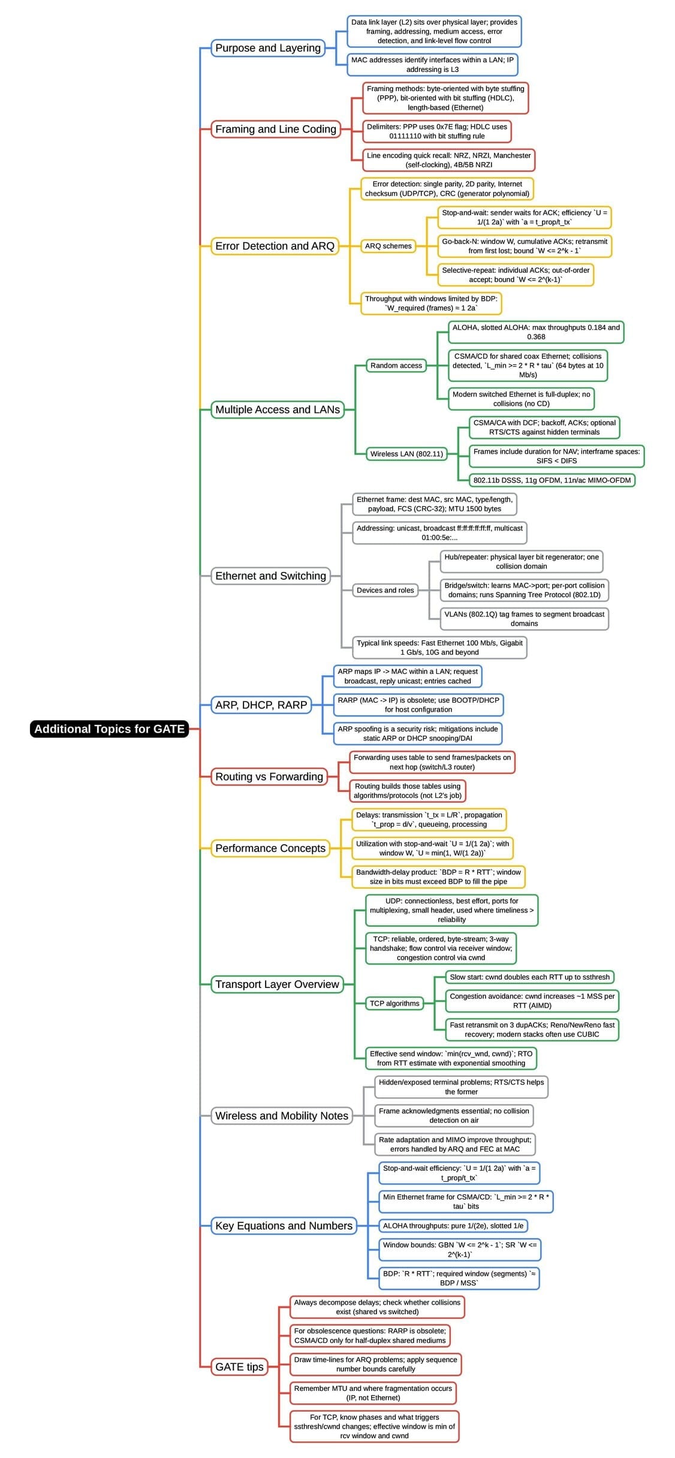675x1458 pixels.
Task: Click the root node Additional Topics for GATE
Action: [x=109, y=728]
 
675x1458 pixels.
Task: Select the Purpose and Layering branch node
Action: [x=267, y=48]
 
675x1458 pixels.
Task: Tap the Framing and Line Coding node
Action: [x=275, y=129]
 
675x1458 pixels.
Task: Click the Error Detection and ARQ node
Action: [x=275, y=246]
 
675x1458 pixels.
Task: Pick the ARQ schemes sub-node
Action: [x=388, y=246]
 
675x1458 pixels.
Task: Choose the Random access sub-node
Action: [x=396, y=365]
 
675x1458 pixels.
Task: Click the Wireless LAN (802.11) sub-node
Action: [x=406, y=454]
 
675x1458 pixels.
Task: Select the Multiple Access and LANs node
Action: [x=277, y=409]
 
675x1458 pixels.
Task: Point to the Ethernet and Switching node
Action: [x=270, y=576]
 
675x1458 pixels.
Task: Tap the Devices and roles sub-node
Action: [x=385, y=590]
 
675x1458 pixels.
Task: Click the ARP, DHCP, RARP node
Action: [x=261, y=705]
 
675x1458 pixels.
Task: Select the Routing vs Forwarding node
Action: [x=269, y=776]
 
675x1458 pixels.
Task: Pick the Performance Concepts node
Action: [x=270, y=848]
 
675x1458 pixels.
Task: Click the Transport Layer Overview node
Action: [x=277, y=984]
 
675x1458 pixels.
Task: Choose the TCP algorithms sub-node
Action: [x=394, y=1003]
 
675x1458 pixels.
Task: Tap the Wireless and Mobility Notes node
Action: [x=281, y=1116]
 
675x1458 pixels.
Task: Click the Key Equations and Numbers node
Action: [x=284, y=1225]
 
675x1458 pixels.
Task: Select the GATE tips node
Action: [x=239, y=1366]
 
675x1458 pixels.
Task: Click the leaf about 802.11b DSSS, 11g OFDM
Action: [x=552, y=480]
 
